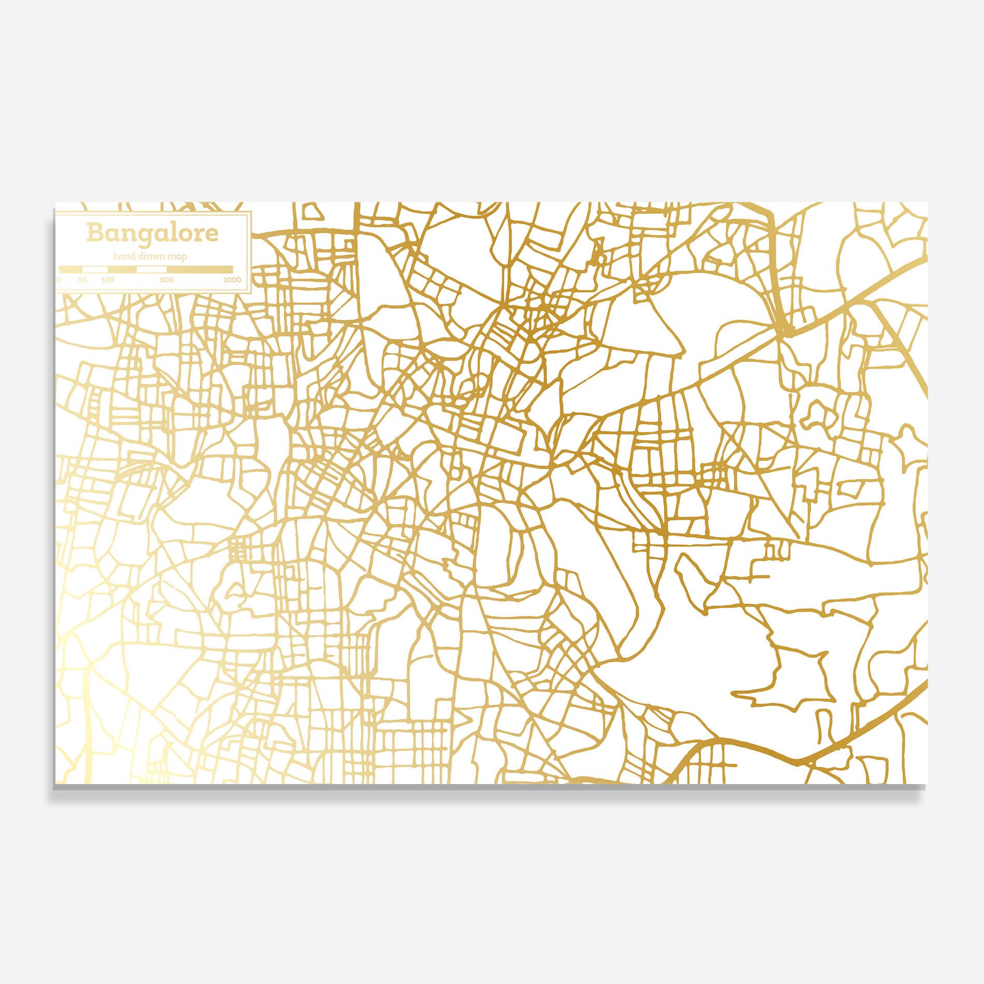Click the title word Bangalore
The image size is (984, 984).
coord(152,233)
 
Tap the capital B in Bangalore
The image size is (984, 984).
coord(95,233)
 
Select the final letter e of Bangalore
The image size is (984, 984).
coord(212,235)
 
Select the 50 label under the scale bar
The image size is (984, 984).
coord(82,280)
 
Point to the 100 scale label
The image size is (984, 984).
coord(108,280)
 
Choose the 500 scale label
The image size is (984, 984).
coord(167,280)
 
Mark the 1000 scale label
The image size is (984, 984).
coord(232,280)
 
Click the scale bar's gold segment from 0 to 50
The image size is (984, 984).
coord(70,269)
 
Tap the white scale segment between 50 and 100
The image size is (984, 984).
coord(95,269)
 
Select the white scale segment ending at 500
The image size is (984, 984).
coord(152,269)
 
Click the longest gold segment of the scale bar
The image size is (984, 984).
coord(200,269)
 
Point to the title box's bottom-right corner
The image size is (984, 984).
coord(251,293)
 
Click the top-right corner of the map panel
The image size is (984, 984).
coord(928,202)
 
